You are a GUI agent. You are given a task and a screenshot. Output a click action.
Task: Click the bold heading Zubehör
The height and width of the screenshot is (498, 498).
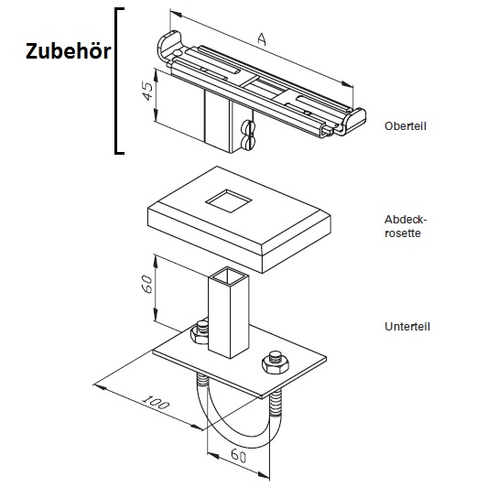pyautogui.click(x=69, y=51)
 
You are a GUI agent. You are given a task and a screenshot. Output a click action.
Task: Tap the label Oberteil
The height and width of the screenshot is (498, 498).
pyautogui.click(x=406, y=126)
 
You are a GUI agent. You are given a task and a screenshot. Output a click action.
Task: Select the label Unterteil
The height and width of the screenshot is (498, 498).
pyautogui.click(x=407, y=327)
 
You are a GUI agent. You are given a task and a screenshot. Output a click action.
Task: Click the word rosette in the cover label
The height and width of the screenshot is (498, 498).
pyautogui.click(x=403, y=233)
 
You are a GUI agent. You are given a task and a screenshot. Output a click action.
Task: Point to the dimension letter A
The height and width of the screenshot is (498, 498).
pyautogui.click(x=262, y=39)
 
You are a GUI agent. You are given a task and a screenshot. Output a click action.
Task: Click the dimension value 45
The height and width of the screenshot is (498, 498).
pyautogui.click(x=147, y=92)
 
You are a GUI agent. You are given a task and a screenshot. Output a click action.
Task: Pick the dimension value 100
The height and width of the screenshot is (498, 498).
pyautogui.click(x=156, y=402)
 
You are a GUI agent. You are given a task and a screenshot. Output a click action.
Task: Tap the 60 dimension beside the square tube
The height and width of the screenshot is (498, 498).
pyautogui.click(x=146, y=284)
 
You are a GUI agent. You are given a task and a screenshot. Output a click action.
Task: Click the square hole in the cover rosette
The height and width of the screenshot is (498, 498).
pyautogui.click(x=229, y=200)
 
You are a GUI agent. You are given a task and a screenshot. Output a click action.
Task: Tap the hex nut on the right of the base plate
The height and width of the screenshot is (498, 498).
pyautogui.click(x=276, y=362)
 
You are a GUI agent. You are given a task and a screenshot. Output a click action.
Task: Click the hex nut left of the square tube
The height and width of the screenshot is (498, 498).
pyautogui.click(x=200, y=333)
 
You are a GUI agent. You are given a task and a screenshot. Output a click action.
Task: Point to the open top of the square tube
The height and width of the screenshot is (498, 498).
pyautogui.click(x=228, y=275)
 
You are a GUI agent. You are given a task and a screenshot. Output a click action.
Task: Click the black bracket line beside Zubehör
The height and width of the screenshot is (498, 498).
pyautogui.click(x=117, y=81)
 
